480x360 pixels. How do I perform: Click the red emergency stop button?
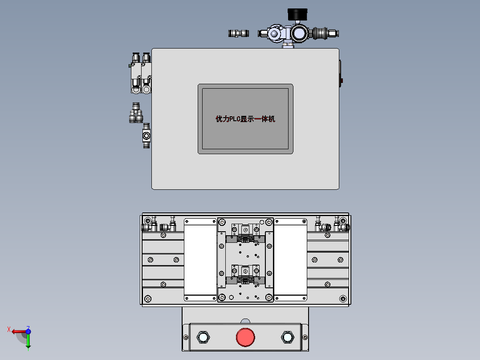coord(245,337)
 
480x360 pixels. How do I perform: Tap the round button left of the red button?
coord(203,337)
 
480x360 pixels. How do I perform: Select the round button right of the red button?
coord(287,337)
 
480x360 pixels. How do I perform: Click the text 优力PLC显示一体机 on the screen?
coord(245,119)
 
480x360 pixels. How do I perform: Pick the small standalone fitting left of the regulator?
coord(238,33)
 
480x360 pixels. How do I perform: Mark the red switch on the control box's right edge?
coord(342,81)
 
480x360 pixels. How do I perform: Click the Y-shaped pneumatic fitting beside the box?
coord(136,112)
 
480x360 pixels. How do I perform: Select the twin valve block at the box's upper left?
coord(142,74)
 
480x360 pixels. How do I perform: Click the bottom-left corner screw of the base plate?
coord(148,299)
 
